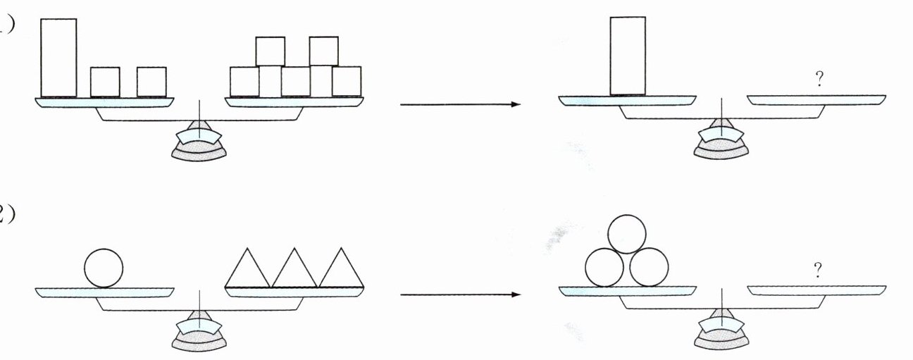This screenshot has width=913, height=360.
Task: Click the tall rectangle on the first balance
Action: [58, 57]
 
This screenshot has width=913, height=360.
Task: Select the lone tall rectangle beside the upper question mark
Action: [627, 55]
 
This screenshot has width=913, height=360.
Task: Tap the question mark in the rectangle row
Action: [818, 80]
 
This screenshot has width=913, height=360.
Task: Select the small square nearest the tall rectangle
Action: [105, 81]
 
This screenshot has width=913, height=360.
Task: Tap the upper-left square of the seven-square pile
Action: [270, 51]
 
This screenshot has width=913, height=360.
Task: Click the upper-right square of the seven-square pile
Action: [323, 51]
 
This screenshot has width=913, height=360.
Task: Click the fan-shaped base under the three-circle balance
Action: [721, 337]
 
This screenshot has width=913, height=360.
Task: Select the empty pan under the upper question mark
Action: [817, 99]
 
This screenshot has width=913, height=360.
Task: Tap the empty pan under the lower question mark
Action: [817, 290]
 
